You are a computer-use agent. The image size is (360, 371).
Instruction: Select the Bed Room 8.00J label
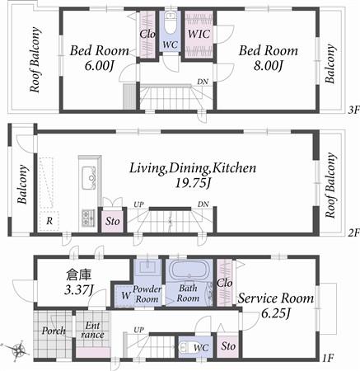pyautogui.click(x=262, y=58)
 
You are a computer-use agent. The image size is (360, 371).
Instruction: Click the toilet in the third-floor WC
pyautogui.click(x=171, y=21)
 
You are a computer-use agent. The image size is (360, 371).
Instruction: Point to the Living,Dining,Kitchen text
pyautogui.click(x=192, y=168)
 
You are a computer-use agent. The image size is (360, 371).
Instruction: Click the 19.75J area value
pyautogui.click(x=192, y=184)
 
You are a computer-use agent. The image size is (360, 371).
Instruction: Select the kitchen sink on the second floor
pyautogui.click(x=86, y=174)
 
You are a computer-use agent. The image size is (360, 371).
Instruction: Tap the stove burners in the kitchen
pyautogui.click(x=86, y=217)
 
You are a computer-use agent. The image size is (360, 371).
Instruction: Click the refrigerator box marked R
pyautogui.click(x=49, y=221)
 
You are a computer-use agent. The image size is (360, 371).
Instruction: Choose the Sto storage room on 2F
pyautogui.click(x=111, y=221)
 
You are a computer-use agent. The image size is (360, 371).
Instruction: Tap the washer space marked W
pyautogui.click(x=124, y=295)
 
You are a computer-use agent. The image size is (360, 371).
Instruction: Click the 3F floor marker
pyautogui.click(x=352, y=108)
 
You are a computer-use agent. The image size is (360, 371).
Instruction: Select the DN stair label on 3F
pyautogui.click(x=202, y=81)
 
